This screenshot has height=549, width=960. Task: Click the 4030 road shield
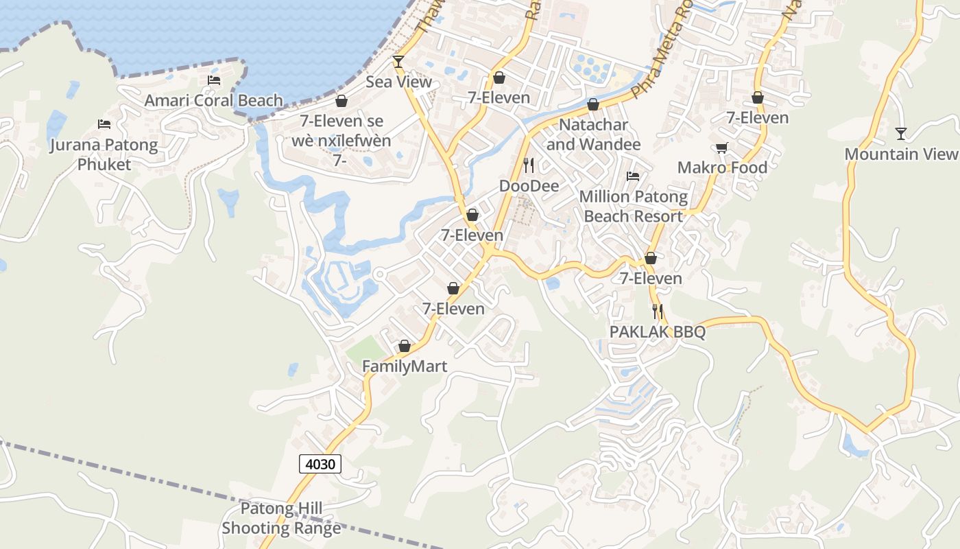320,464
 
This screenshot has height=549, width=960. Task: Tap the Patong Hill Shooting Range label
281,519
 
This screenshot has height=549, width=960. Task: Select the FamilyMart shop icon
405,346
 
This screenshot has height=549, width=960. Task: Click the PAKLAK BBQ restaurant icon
658,312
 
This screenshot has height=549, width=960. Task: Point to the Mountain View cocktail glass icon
901,133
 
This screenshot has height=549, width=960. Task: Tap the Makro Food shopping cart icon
721,148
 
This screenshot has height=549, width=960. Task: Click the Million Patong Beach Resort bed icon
633,176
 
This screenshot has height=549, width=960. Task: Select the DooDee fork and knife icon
529,165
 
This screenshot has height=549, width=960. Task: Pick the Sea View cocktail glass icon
398,62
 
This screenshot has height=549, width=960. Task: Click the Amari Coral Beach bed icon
214,80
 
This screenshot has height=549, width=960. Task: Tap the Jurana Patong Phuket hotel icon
104,124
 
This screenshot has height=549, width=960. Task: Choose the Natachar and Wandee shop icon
593,104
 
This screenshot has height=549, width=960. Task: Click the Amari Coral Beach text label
213,101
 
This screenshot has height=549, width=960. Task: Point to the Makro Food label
722,167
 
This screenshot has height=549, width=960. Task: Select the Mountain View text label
900,154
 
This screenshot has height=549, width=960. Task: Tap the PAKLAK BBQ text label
658,332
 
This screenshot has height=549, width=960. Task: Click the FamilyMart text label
405,366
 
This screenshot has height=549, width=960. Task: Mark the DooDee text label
529,186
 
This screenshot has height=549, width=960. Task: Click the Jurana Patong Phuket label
104,154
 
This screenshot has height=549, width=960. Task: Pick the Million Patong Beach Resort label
633,207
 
